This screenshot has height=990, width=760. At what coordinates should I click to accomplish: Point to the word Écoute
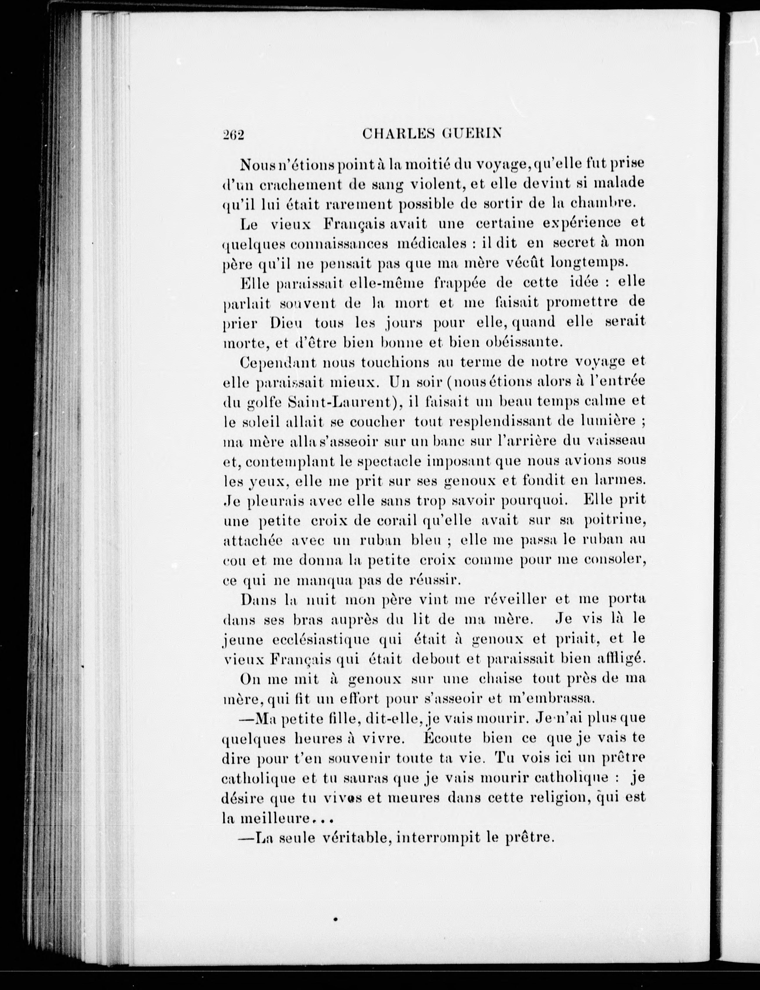pyautogui.click(x=447, y=738)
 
